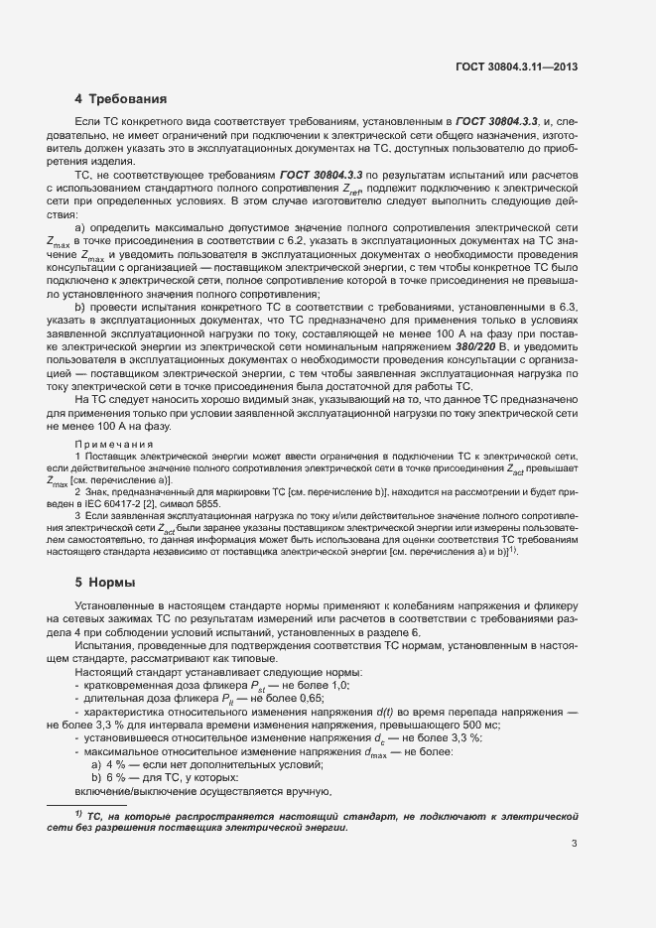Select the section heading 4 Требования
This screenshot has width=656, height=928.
(120, 99)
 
